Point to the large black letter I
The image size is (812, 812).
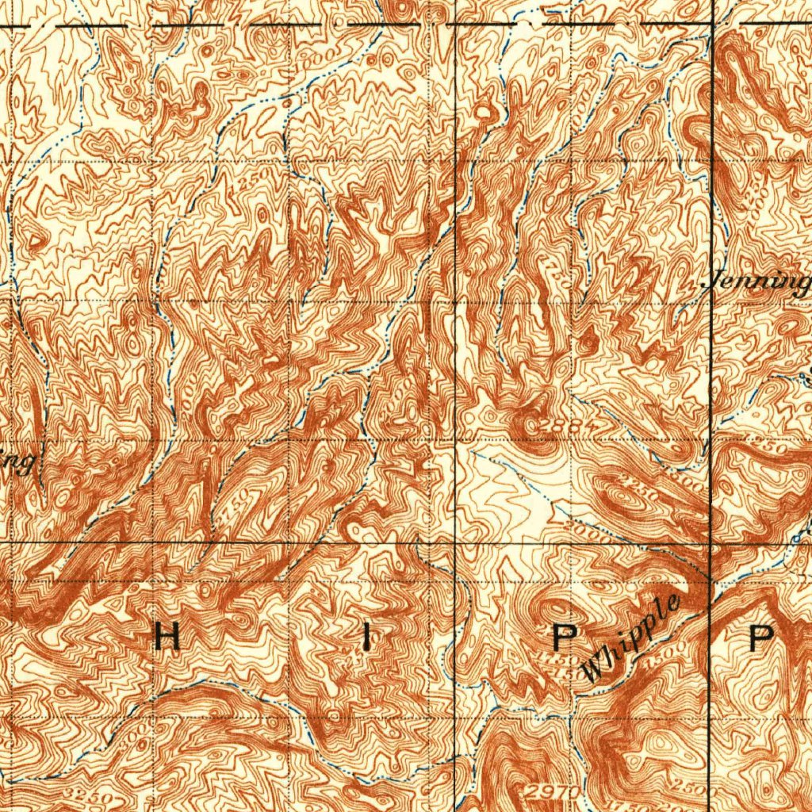[x=366, y=637]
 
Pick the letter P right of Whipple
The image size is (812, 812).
[x=762, y=637]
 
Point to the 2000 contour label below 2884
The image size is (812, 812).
[x=590, y=535]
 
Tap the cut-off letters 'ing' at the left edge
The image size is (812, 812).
[x=20, y=461]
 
